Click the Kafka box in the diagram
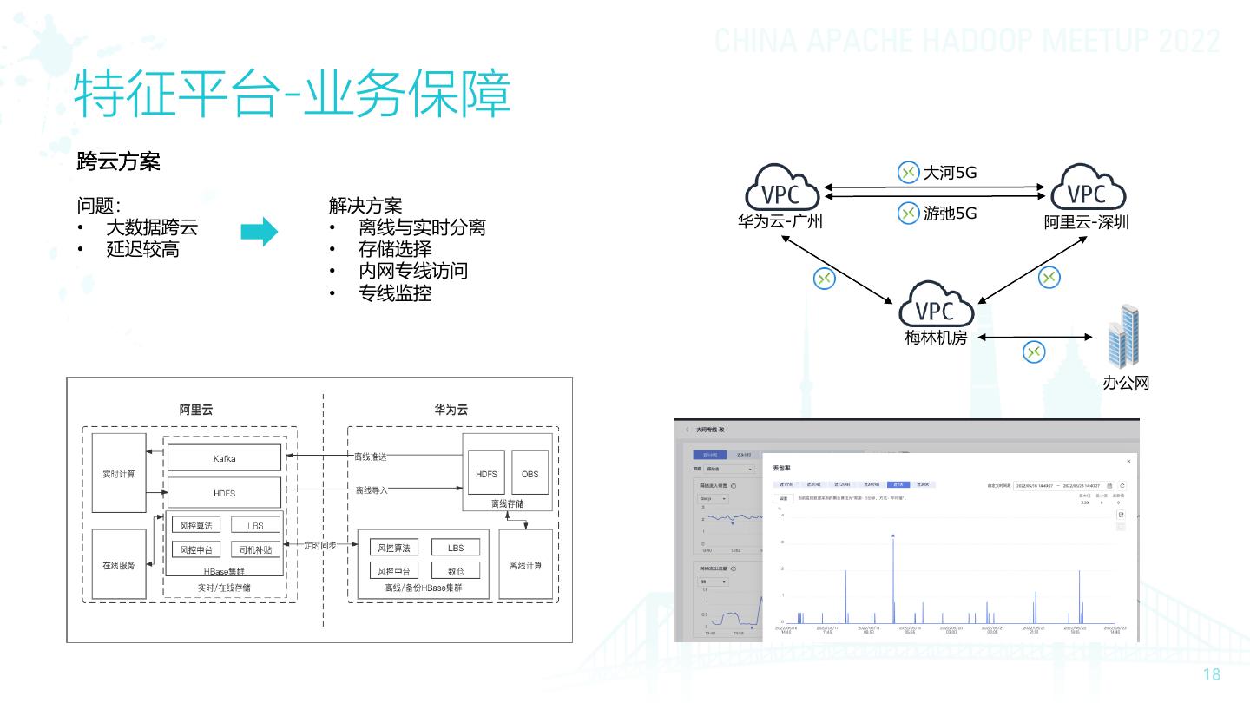pos(224,457)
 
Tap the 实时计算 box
pos(119,474)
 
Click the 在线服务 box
pos(119,565)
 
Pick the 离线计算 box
pos(525,565)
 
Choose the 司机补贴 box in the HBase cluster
pos(255,549)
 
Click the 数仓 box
pos(456,571)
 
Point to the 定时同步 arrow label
pos(326,545)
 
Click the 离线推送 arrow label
pos(371,457)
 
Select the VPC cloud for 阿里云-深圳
pos(1088,190)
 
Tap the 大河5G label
pos(951,173)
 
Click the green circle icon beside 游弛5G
pos(908,213)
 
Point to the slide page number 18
pos(1212,675)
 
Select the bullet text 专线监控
pos(395,293)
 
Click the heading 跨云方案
pos(119,161)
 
